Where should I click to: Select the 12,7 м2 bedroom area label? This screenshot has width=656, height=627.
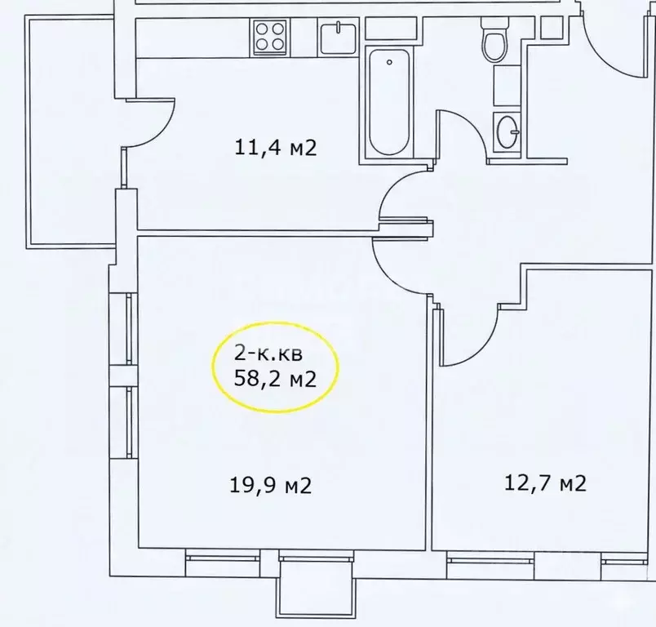click(x=546, y=483)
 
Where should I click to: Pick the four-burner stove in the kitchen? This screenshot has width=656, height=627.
click(x=271, y=37)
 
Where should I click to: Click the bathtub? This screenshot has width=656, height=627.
click(x=388, y=103)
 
